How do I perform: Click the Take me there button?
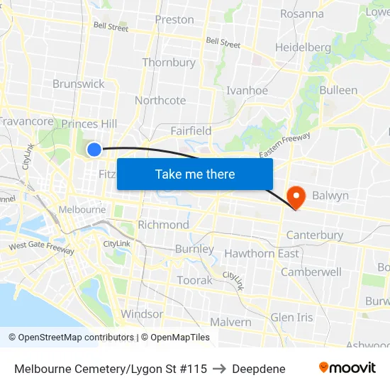click(195, 174)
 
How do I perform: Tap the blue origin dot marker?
click(94, 149)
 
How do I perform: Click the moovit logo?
click(347, 368)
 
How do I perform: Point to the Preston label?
click(174, 20)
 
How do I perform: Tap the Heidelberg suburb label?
click(303, 48)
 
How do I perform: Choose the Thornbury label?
click(169, 62)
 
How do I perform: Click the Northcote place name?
click(160, 100)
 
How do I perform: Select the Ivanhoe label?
click(247, 91)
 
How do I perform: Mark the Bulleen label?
click(338, 90)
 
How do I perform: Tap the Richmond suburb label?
click(164, 225)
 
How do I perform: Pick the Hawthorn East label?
click(262, 254)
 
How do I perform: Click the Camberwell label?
click(311, 272)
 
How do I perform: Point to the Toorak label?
click(194, 280)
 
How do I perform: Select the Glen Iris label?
click(291, 317)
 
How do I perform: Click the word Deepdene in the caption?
click(259, 369)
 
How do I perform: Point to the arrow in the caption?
click(220, 369)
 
